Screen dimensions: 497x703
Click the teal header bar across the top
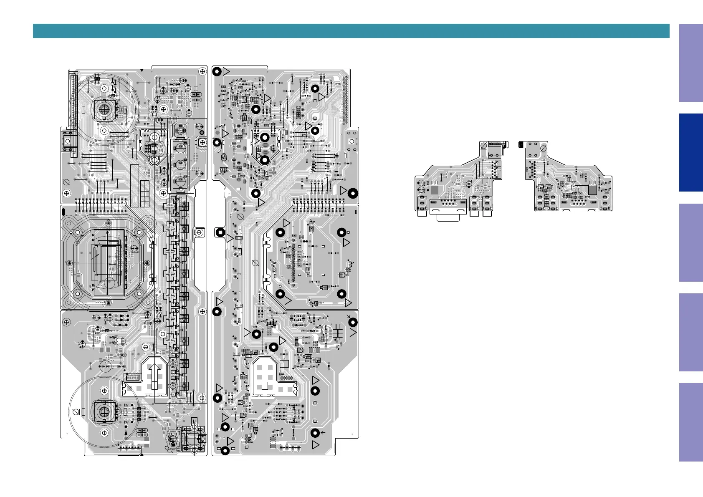click(x=351, y=31)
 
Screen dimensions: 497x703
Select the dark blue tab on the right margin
click(x=691, y=152)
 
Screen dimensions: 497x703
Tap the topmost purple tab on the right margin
click(x=691, y=63)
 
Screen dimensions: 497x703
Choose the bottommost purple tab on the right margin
click(x=691, y=422)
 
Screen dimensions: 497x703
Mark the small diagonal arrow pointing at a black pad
click(x=349, y=317)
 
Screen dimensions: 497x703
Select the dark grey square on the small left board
click(x=435, y=190)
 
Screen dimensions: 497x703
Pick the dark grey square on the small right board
click(x=592, y=190)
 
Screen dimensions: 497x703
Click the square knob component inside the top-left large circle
click(x=104, y=109)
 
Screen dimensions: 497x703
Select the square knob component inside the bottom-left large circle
click(x=104, y=411)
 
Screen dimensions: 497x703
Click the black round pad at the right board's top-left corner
click(x=217, y=71)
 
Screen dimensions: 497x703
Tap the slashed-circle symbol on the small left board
click(x=484, y=146)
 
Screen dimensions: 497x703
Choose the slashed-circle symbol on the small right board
click(x=543, y=148)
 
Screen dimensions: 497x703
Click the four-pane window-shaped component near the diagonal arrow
click(x=338, y=333)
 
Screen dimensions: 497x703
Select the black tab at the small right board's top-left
click(x=521, y=144)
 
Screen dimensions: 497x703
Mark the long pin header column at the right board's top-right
click(x=345, y=100)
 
